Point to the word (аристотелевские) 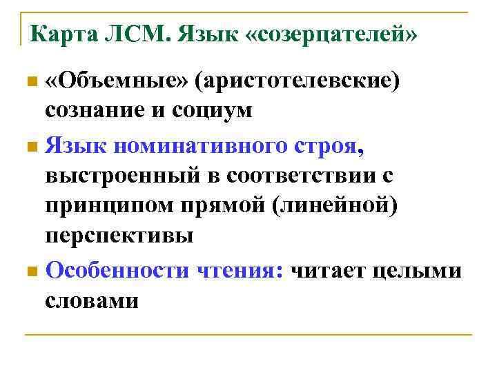click(x=297, y=83)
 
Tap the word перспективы click(x=119, y=236)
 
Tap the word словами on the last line click(x=92, y=300)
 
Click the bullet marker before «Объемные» click(x=29, y=83)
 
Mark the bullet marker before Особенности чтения click(x=29, y=271)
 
